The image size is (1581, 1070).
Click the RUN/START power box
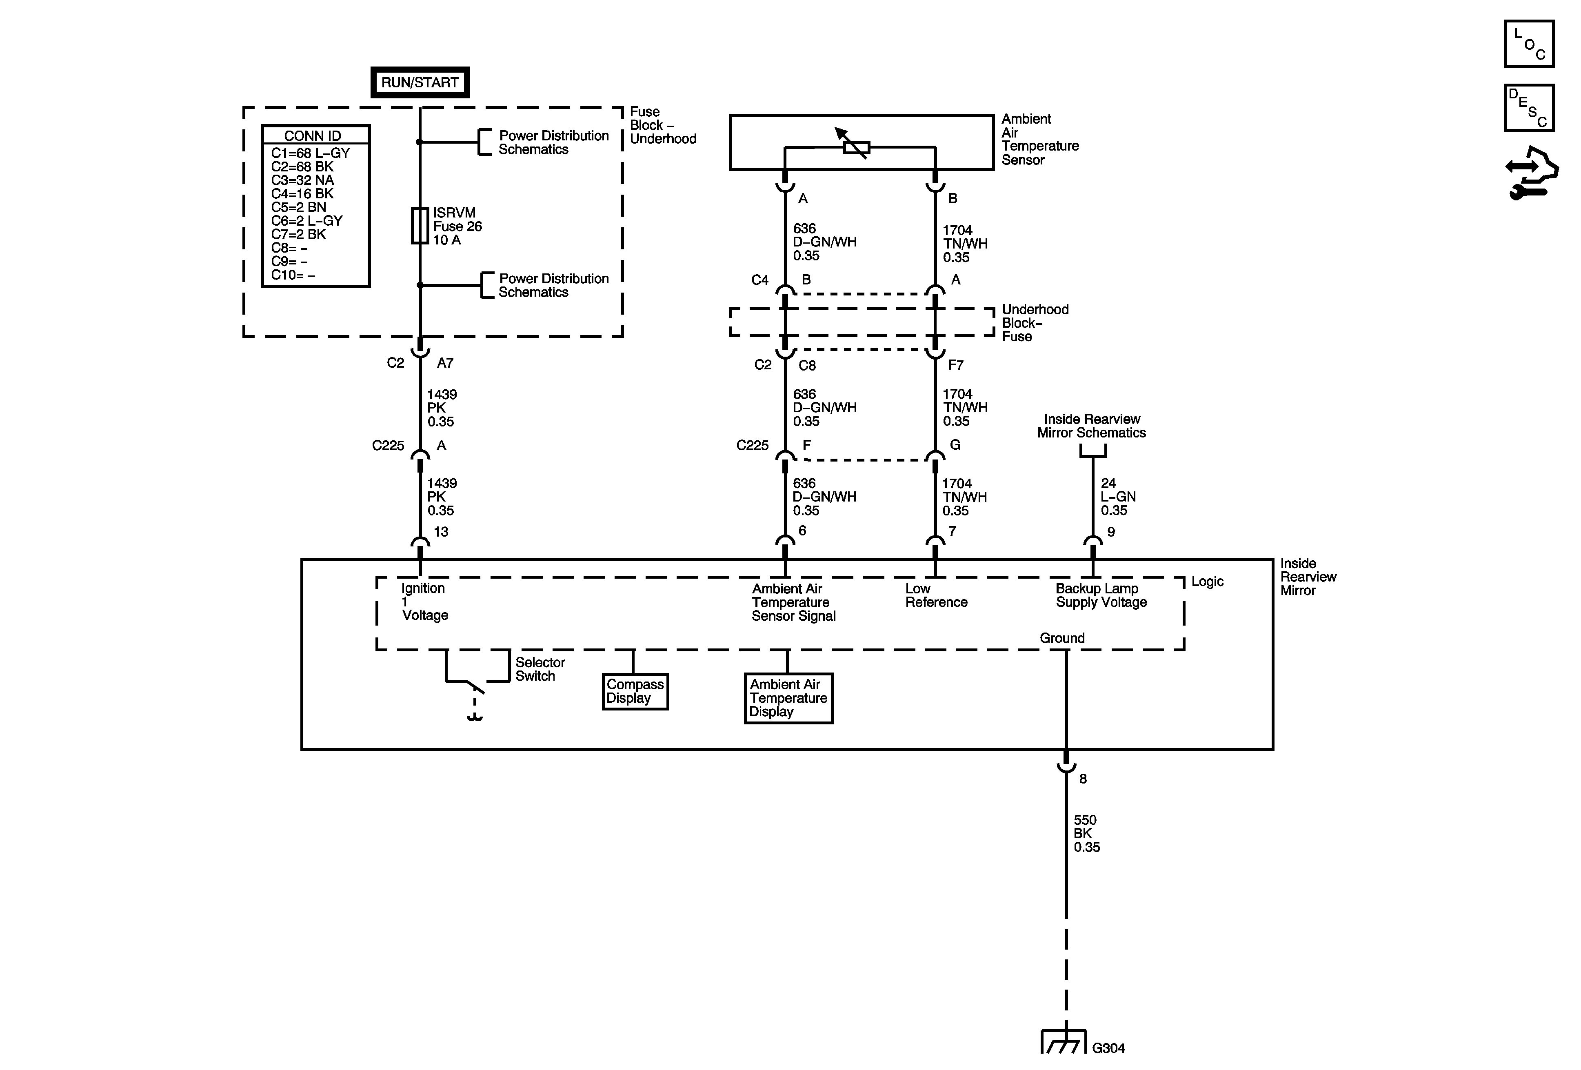[420, 82]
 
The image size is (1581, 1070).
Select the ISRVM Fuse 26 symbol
[420, 226]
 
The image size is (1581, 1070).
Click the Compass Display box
[635, 692]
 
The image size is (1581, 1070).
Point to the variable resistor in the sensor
[856, 147]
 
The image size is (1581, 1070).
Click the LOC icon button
[1529, 44]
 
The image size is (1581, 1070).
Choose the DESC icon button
[1529, 107]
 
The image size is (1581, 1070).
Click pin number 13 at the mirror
[441, 532]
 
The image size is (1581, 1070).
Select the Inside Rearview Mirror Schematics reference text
[1091, 426]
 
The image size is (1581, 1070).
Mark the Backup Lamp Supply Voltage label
[1101, 595]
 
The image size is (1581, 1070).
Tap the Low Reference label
[935, 595]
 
